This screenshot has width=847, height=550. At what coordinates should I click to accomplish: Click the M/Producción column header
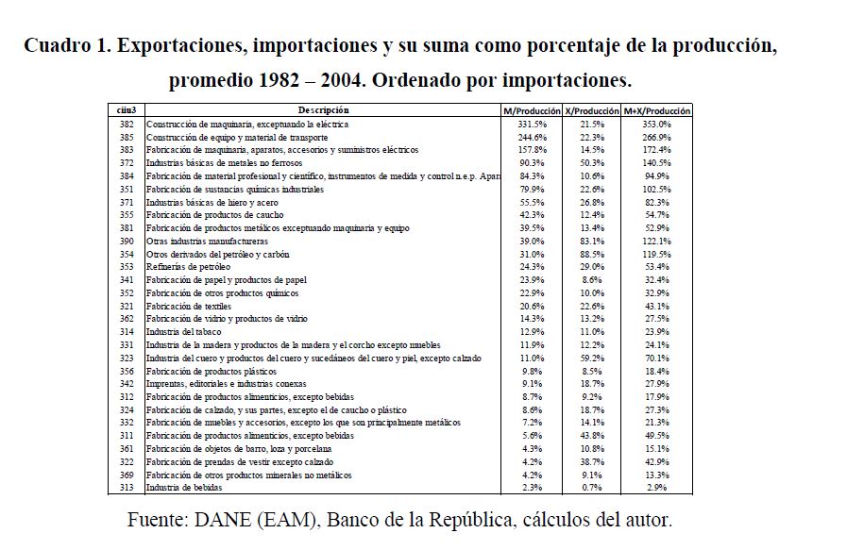(x=532, y=111)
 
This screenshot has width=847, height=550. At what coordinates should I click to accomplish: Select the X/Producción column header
(x=591, y=111)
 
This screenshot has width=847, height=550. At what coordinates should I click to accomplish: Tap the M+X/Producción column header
(x=657, y=111)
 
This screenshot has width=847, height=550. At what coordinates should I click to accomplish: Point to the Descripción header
(x=316, y=111)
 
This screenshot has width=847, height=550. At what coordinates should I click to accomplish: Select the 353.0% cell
(x=657, y=124)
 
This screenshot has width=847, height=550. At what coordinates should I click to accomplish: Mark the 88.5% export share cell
(x=592, y=254)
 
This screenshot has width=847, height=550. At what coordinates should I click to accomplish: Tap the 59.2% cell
(x=592, y=358)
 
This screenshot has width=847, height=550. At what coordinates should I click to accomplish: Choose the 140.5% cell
(x=657, y=163)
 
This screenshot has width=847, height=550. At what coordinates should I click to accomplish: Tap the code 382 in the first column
(x=127, y=124)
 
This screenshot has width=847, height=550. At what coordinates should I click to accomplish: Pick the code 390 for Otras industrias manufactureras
(x=127, y=241)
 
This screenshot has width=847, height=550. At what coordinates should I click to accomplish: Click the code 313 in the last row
(x=127, y=487)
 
